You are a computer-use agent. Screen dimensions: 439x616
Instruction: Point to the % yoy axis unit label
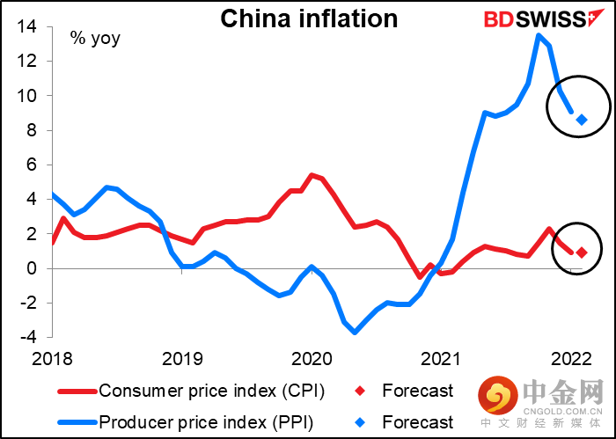click(96, 38)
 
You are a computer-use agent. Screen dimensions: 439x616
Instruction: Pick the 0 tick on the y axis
click(31, 268)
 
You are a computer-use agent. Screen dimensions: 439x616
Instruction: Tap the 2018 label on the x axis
click(53, 358)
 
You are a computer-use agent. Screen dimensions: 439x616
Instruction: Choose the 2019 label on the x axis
click(182, 358)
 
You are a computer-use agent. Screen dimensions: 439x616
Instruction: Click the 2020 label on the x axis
click(311, 358)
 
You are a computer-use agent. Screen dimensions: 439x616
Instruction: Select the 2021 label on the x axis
click(440, 358)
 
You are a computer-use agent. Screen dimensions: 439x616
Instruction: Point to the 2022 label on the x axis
click(569, 358)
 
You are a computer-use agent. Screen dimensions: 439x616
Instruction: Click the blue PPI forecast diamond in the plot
click(582, 120)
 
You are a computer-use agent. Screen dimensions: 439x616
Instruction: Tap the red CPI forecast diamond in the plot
click(582, 252)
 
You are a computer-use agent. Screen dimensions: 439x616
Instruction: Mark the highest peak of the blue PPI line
click(539, 36)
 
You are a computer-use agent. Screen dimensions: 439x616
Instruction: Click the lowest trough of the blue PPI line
click(355, 332)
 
